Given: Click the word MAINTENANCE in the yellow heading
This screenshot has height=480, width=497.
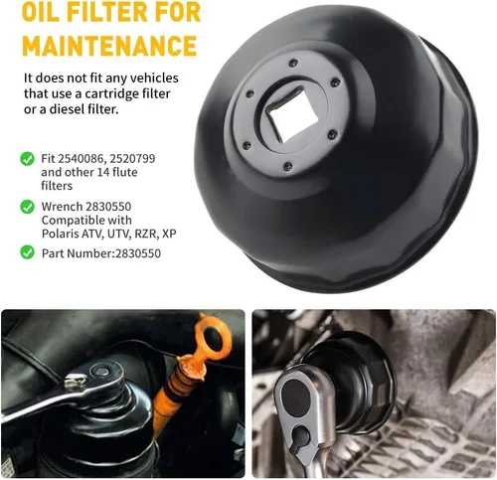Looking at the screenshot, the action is tap(109, 46).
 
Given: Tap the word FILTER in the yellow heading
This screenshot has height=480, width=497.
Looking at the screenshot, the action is tap(111, 11).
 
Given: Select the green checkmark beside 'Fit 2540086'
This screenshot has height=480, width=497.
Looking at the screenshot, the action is tap(27, 159).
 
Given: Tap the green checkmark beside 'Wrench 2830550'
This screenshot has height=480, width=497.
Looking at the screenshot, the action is tap(27, 207).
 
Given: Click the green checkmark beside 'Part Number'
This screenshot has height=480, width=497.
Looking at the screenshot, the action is tap(27, 252).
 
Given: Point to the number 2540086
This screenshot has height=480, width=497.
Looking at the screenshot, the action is tap(82, 159).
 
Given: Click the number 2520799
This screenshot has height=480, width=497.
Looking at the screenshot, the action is tap(132, 158).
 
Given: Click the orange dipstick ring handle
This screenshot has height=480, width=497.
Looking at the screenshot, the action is tap(211, 338).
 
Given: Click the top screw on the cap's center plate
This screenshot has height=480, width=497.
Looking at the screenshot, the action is tap(293, 63).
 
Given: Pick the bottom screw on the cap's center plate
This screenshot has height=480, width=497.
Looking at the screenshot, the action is tap(288, 166).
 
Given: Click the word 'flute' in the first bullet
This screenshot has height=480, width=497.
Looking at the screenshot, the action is tap(124, 172).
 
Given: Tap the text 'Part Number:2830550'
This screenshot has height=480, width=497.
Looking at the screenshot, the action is tap(101, 253).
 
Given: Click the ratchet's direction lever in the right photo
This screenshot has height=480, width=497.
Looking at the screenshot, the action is tap(301, 438).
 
